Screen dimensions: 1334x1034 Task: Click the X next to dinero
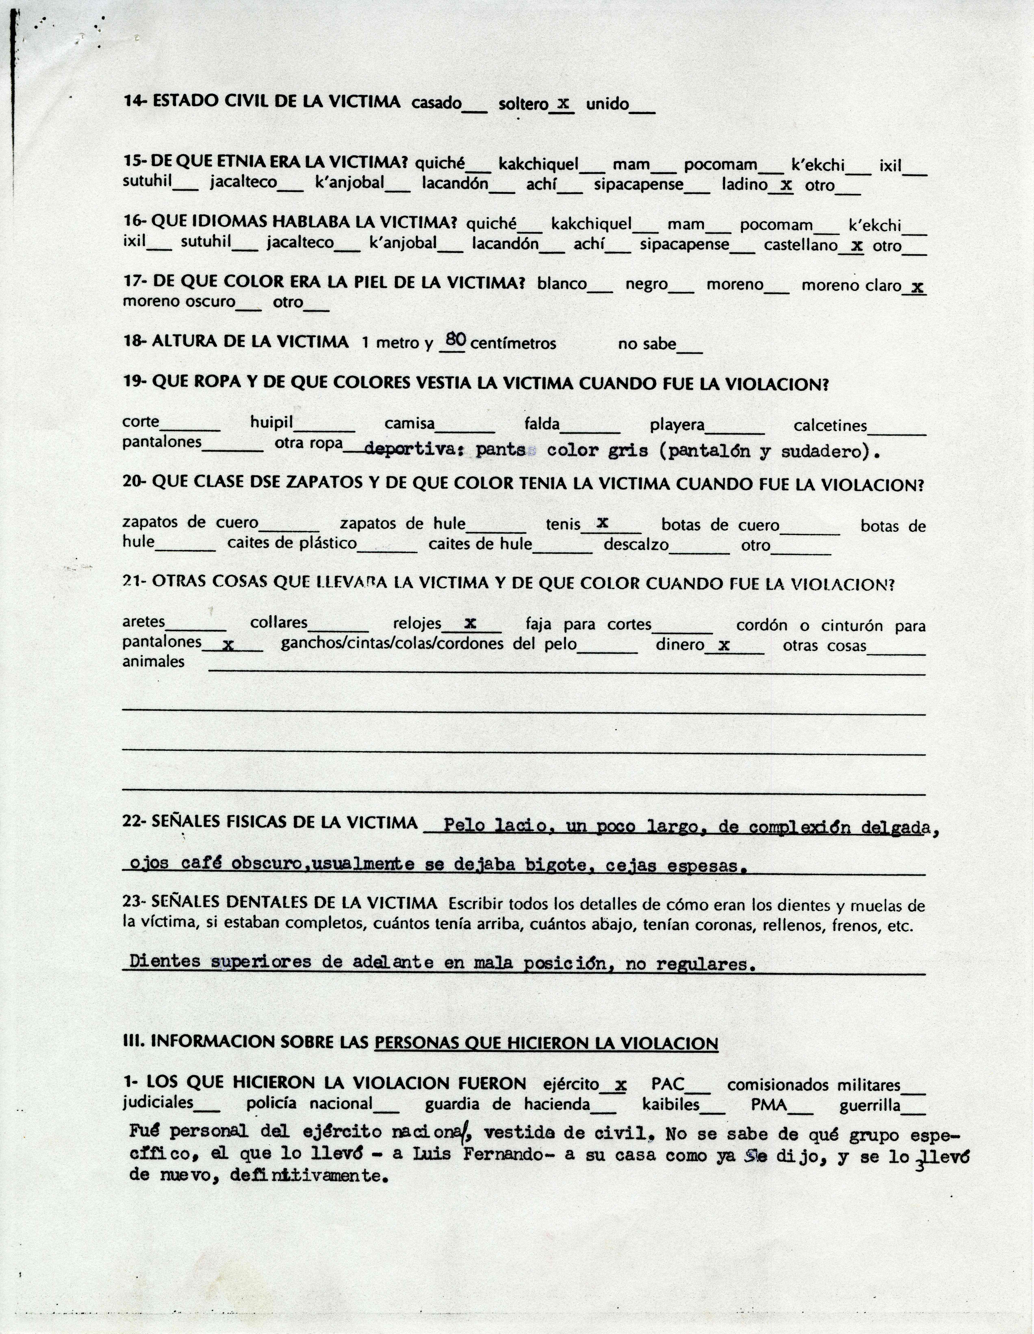coord(724,644)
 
